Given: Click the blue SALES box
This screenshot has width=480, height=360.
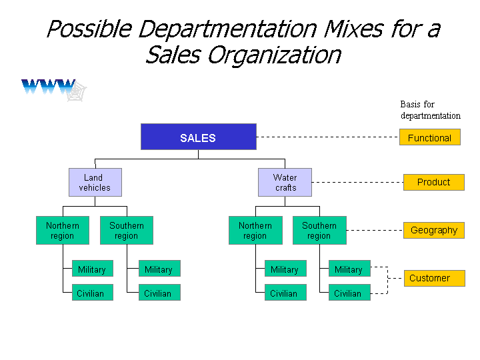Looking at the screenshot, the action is click(x=199, y=137).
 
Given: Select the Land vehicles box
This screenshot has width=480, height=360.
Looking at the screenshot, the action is click(x=95, y=183).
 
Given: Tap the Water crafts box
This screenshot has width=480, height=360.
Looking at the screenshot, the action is click(x=285, y=183).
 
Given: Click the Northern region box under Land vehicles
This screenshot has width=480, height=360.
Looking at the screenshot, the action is click(x=63, y=231).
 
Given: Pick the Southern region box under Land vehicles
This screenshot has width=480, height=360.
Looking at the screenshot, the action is click(x=127, y=231).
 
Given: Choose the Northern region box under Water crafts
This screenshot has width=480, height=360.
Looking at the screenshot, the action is click(x=255, y=231).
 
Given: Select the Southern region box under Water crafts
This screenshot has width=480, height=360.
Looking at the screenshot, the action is click(x=319, y=231).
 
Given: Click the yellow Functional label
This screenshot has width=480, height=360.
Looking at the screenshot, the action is click(x=430, y=137).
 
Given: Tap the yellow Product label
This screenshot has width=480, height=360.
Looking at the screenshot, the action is click(x=434, y=183).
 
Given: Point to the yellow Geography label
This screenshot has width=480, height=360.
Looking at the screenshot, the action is click(x=434, y=230).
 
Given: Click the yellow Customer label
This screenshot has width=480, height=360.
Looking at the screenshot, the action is click(x=435, y=278).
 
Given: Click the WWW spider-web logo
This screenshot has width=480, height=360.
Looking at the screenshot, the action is click(x=54, y=90).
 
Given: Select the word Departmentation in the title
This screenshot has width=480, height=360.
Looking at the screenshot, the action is click(x=227, y=29).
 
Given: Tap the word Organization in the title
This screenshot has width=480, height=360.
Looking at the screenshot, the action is click(x=274, y=56).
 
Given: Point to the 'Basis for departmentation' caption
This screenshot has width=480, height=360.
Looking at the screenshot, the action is click(x=431, y=110).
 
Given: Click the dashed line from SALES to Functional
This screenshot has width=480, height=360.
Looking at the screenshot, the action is click(x=328, y=137).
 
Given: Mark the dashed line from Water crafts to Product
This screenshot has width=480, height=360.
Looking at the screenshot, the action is click(x=357, y=182).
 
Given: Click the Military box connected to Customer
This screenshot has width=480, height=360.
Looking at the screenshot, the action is click(x=349, y=269).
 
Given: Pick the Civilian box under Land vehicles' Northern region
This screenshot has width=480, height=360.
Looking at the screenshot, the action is click(x=93, y=293).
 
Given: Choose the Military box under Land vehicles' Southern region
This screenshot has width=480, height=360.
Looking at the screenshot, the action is click(x=159, y=269).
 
